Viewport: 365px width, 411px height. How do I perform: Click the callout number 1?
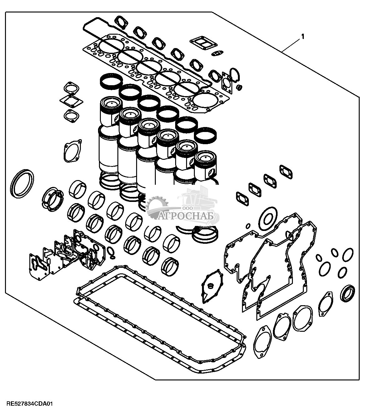[x=302, y=37]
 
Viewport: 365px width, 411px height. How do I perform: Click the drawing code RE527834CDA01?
[x=27, y=404]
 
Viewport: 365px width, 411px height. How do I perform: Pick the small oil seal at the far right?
[x=348, y=293]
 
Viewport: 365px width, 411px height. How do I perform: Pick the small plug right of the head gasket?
[x=240, y=87]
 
